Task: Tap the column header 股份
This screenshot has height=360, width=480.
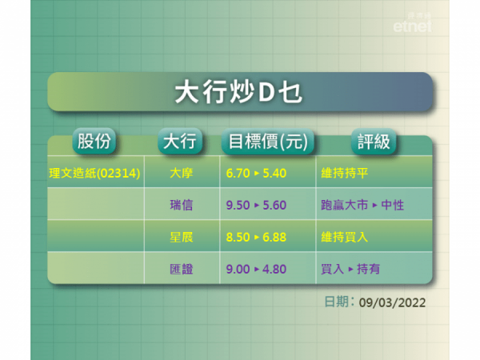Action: pos(94,142)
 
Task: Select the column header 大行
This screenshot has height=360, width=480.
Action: pos(179,142)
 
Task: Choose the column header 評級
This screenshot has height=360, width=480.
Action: pos(371,142)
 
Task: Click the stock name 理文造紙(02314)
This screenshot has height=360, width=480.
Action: pos(95,172)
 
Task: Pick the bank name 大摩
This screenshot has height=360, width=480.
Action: pos(181,172)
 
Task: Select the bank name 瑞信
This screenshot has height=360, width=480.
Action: pos(181,205)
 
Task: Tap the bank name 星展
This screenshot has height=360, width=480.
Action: pos(181,238)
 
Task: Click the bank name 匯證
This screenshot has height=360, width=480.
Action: pos(181,270)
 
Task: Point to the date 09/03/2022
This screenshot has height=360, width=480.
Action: pos(392,302)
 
